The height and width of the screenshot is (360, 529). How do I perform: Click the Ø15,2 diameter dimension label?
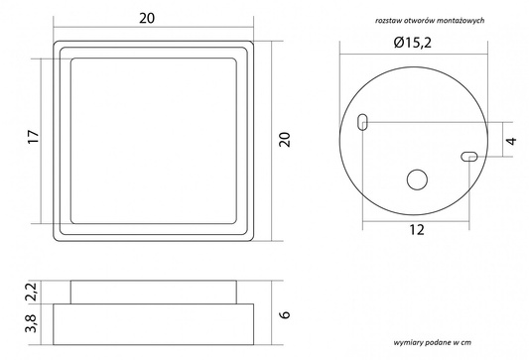click(x=412, y=43)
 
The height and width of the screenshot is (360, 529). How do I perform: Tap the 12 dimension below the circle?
click(x=417, y=230)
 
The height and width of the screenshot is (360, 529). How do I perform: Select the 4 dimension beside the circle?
click(x=512, y=141)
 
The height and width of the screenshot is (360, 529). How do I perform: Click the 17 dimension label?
click(x=34, y=137)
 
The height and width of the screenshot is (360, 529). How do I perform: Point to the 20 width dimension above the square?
click(x=147, y=18)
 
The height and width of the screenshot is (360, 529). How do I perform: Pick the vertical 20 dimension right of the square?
click(x=285, y=140)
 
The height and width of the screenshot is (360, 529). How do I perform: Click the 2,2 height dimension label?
click(x=32, y=292)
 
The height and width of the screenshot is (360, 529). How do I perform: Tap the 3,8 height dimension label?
click(x=32, y=323)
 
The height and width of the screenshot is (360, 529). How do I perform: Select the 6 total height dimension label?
click(x=285, y=314)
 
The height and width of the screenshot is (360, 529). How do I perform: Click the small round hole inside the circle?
click(x=417, y=180)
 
